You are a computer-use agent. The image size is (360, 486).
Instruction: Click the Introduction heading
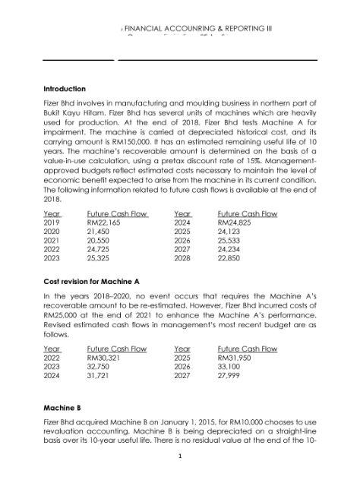coord(65,89)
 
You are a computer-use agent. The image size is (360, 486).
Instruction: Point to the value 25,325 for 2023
coord(101,257)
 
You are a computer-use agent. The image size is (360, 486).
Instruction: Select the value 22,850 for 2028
coord(231,257)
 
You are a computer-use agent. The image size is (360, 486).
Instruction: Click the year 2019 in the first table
coord(52,224)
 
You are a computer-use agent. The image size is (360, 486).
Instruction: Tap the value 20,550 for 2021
coord(101,241)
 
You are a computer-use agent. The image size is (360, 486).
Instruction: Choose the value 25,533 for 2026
coord(231,241)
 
